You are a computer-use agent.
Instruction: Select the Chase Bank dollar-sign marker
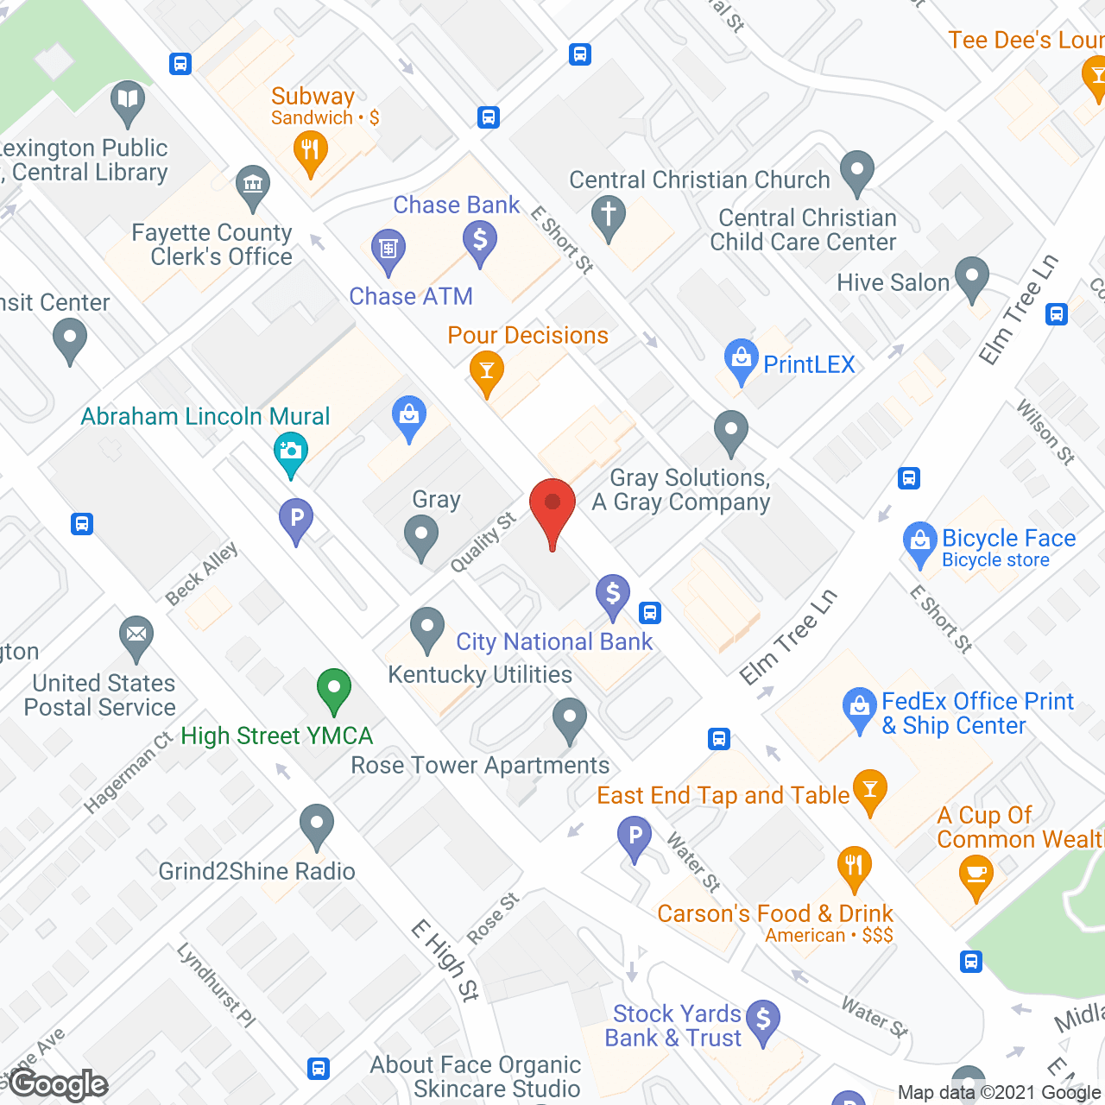pos(480,239)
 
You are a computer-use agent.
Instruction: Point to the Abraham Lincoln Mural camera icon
pos(291,451)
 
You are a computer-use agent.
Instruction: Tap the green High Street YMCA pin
pos(333,689)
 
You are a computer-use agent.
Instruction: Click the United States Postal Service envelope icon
pos(136,635)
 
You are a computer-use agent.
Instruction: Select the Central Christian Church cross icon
pos(609,213)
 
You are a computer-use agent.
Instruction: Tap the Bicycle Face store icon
pos(920,541)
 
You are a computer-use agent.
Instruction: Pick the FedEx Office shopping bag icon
pos(860,707)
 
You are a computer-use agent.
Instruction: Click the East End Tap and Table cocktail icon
pos(869,788)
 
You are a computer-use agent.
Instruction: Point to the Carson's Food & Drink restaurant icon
pos(854,865)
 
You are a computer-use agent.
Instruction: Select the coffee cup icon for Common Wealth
pos(976,873)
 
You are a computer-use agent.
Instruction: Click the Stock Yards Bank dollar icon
pos(763,1020)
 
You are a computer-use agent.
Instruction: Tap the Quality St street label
pos(483,542)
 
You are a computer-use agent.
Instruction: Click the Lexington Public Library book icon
pos(128,100)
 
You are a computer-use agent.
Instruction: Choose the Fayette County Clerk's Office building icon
pos(253,185)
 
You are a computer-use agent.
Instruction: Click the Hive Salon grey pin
pos(972,277)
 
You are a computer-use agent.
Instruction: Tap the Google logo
pos(59,1084)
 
